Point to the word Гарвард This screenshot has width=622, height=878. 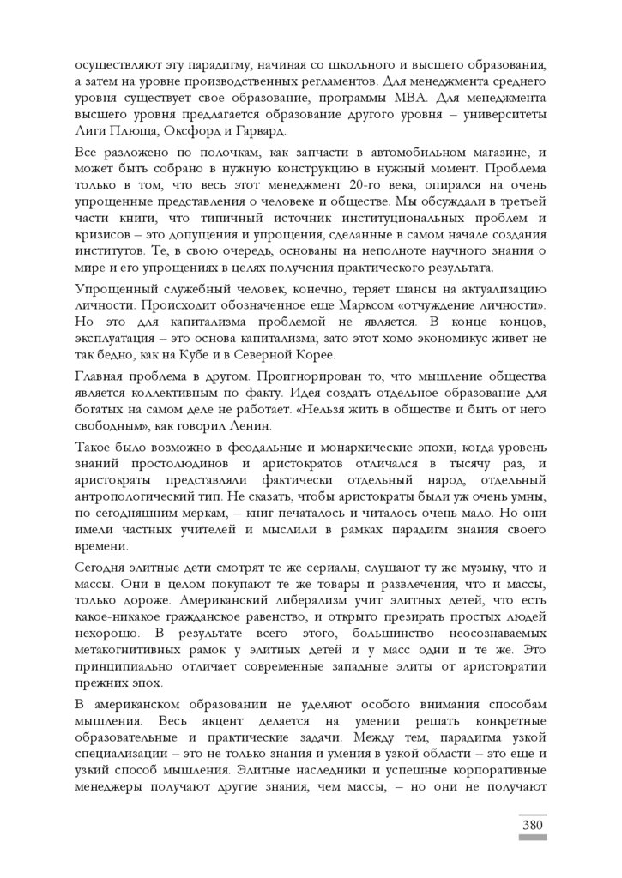point(263,131)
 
